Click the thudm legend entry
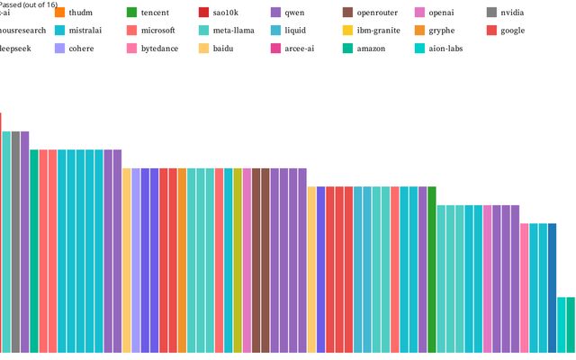coord(80,13)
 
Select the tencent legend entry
coord(155,13)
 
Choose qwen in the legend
coord(293,13)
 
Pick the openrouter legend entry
coord(376,13)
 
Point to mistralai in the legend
coord(85,31)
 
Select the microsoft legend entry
coord(157,31)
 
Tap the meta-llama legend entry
coord(233,31)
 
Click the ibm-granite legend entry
coord(378,31)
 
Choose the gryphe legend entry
coord(441,31)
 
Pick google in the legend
coord(512,31)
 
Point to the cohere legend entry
coord(80,48)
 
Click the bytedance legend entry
coord(159,48)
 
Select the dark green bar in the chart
coord(432,269)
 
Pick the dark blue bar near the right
coord(552,287)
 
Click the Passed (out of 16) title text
coord(29,4)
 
